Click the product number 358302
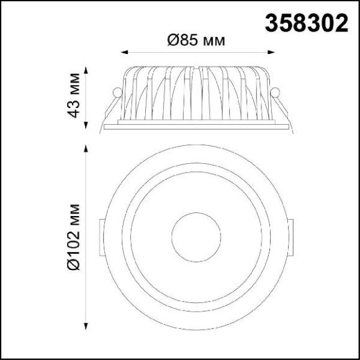(307, 23)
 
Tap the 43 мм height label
(74, 96)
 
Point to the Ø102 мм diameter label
(74, 237)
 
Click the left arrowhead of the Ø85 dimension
(124, 52)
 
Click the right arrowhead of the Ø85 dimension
(271, 52)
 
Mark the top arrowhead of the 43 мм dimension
(86, 70)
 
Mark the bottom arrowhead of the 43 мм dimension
(86, 125)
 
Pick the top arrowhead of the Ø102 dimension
(86, 148)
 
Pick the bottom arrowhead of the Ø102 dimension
(86, 326)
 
